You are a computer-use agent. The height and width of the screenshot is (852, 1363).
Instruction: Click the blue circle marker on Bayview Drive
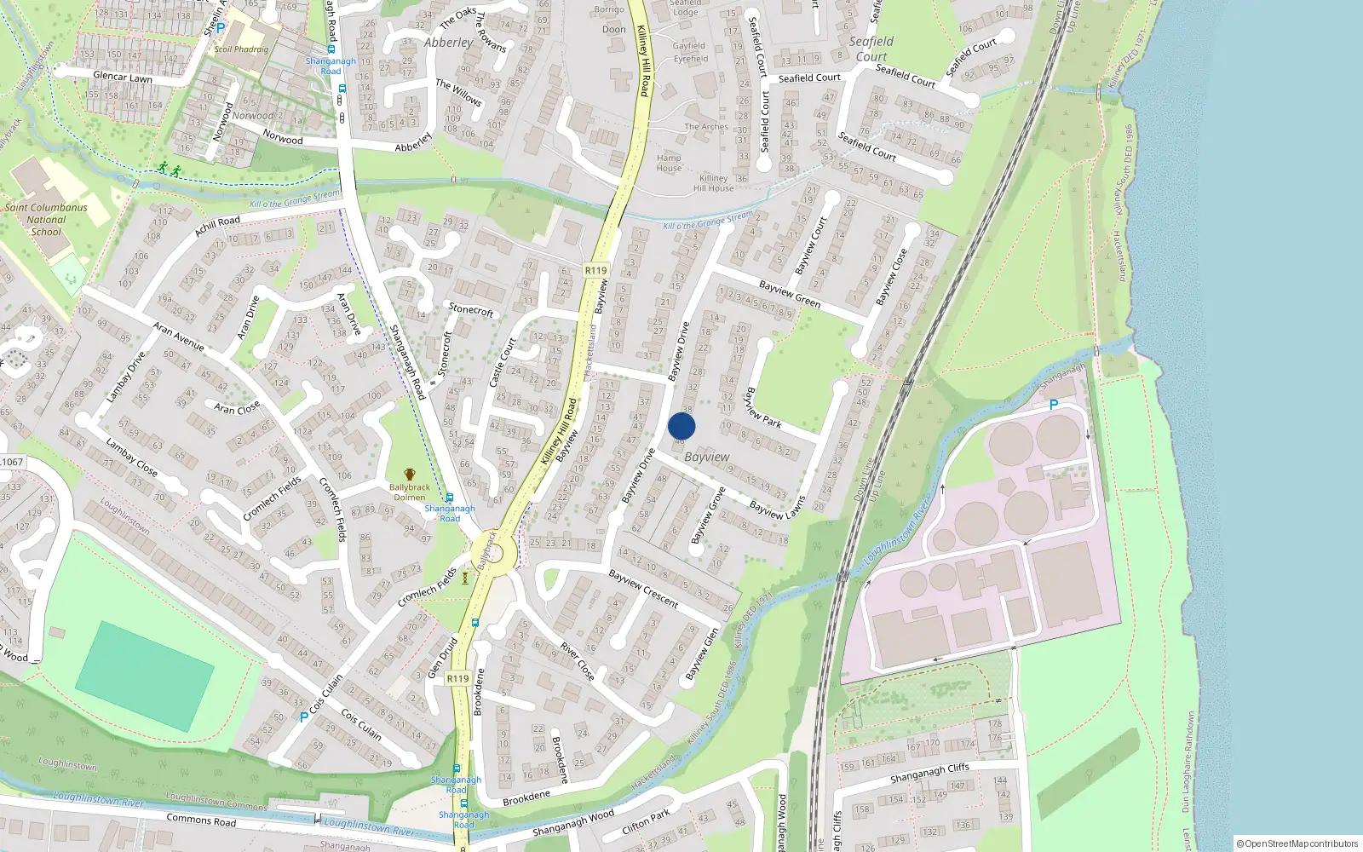(681, 426)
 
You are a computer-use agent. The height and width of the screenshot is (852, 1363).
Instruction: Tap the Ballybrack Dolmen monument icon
(410, 475)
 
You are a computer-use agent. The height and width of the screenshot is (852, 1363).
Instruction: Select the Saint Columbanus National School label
(46, 219)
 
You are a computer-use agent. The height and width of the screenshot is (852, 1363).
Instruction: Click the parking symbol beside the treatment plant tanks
(1054, 405)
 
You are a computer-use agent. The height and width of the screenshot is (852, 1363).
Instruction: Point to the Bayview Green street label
(790, 294)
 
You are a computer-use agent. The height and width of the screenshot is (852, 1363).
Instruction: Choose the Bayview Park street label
(763, 407)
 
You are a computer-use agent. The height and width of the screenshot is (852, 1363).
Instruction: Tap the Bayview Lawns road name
(778, 507)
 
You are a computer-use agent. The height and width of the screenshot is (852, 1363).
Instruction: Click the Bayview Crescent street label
(644, 589)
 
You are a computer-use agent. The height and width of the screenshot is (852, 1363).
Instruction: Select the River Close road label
(578, 661)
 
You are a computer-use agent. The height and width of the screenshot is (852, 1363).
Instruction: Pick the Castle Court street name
(503, 362)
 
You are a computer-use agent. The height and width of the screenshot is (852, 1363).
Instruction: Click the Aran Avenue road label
(178, 336)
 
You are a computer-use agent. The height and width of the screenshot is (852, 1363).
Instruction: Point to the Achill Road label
(217, 226)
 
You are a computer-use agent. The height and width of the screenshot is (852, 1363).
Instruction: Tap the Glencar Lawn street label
(123, 78)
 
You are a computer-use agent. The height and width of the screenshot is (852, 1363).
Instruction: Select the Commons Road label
(201, 820)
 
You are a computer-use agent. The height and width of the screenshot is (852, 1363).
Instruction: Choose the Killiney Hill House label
(714, 183)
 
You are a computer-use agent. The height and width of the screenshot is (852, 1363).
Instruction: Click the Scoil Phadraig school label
(241, 49)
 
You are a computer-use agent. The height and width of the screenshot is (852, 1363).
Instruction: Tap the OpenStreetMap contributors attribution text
(1297, 843)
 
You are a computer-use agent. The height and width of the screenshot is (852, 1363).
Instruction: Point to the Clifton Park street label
(646, 822)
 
